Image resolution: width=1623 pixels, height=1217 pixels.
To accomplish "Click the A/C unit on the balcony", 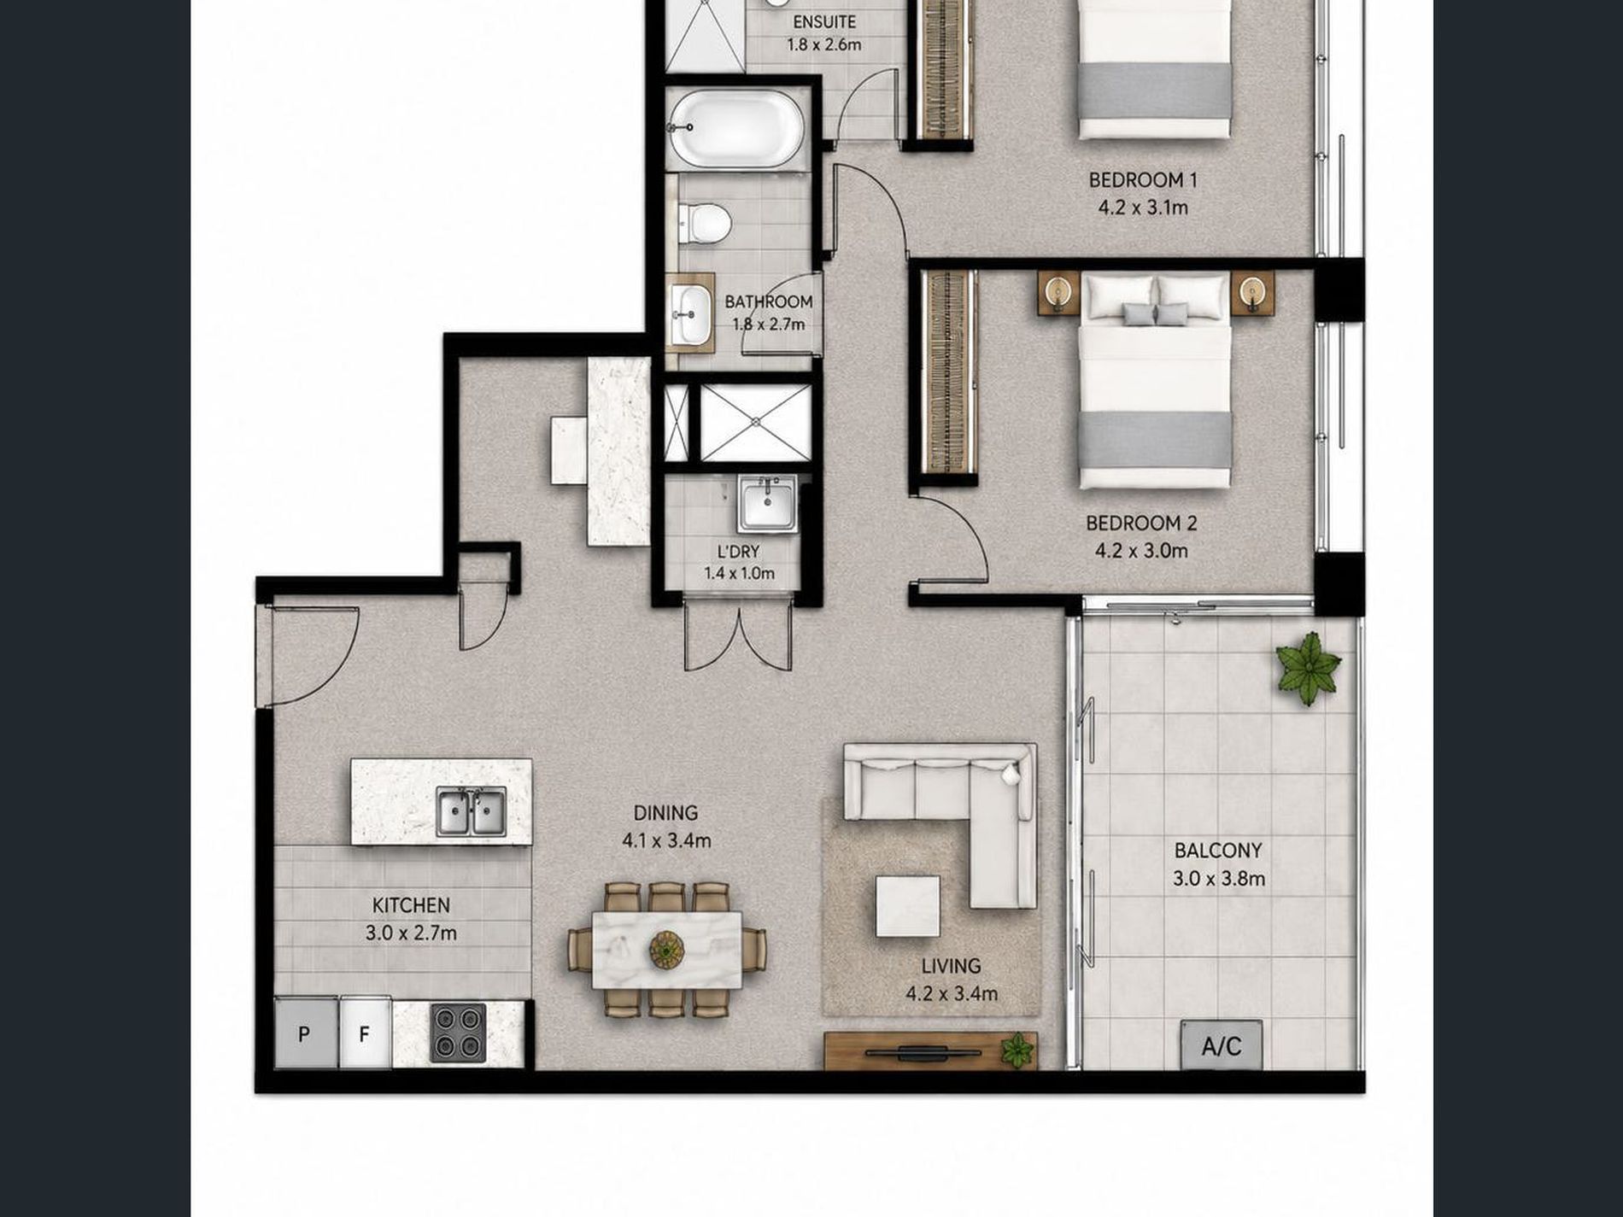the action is [x=1222, y=1044].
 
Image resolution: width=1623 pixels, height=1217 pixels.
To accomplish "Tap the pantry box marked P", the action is [x=305, y=1033].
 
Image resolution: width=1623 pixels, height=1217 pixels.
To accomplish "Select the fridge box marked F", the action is [x=365, y=1033].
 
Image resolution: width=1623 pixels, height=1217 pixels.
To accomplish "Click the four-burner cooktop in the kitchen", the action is [x=458, y=1033].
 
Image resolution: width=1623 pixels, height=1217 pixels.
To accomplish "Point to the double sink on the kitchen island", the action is [x=471, y=812].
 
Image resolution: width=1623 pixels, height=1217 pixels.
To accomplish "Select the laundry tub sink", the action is [x=767, y=504].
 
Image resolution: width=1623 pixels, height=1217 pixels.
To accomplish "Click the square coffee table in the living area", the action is [x=907, y=906].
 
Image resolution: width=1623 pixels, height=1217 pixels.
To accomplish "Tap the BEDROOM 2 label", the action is [x=1141, y=523].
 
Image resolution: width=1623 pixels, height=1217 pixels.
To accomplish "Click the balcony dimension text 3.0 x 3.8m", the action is [x=1219, y=878].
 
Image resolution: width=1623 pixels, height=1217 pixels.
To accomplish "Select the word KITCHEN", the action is [x=411, y=905].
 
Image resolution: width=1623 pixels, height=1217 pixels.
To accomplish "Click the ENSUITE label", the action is [x=824, y=22].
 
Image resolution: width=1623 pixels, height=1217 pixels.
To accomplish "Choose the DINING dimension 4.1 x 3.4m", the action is [x=666, y=840].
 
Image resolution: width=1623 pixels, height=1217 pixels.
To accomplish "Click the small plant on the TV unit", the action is [x=1017, y=1050].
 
